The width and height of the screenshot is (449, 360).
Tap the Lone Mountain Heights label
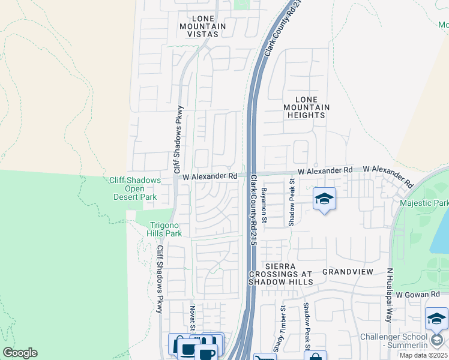[x=304, y=107]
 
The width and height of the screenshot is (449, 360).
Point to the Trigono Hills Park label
[x=165, y=229]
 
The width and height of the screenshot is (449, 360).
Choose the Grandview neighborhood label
[x=348, y=272]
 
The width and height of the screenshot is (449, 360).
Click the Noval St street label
[x=193, y=318]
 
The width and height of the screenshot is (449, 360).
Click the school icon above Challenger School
[x=436, y=320]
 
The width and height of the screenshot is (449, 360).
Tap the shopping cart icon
[x=264, y=358]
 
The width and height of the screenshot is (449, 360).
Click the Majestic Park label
[x=424, y=203]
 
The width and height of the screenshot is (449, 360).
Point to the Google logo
[x=20, y=353]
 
